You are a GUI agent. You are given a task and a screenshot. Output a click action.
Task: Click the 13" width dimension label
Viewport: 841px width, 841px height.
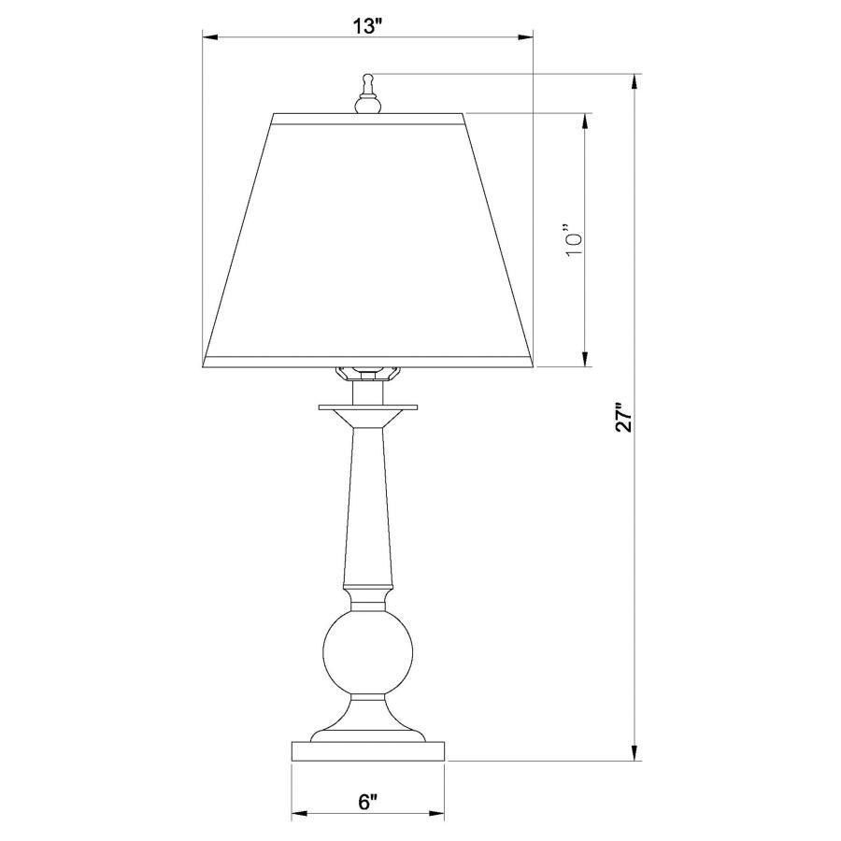click(368, 25)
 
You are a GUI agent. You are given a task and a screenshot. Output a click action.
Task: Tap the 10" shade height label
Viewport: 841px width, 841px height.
click(576, 239)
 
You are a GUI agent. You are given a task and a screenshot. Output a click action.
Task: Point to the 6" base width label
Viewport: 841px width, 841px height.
click(367, 802)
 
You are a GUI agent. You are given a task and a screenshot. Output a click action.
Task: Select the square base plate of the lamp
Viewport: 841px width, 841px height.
click(367, 752)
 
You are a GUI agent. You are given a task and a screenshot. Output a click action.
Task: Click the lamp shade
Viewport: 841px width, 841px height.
click(368, 238)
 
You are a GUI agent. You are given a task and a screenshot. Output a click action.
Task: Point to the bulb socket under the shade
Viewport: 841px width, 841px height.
click(367, 373)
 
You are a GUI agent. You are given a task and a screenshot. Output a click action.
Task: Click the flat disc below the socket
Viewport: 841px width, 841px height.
click(367, 407)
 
